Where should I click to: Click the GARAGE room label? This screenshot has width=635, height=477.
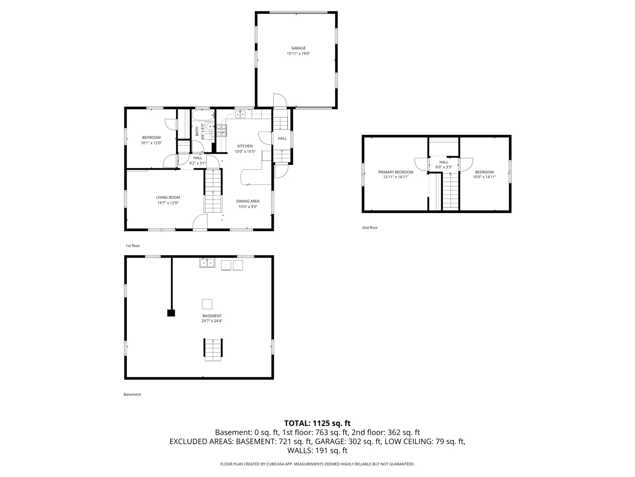click(x=298, y=48)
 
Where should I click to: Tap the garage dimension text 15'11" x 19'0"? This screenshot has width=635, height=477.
click(x=298, y=53)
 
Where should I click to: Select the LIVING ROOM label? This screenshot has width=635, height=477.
click(x=168, y=197)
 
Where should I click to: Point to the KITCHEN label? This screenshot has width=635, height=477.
click(x=245, y=146)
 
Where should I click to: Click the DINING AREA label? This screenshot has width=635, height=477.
click(x=248, y=201)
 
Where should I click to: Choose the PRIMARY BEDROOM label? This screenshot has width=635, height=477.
click(x=396, y=172)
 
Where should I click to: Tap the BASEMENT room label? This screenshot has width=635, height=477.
click(x=212, y=316)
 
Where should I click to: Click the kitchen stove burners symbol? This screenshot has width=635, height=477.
click(x=222, y=130)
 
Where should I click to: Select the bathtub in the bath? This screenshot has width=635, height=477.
click(x=203, y=115)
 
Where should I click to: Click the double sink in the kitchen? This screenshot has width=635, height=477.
click(x=240, y=114)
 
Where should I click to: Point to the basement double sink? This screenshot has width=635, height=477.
click(x=207, y=263)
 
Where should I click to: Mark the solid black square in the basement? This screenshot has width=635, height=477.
click(x=171, y=313)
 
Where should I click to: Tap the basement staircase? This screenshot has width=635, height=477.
click(x=213, y=349)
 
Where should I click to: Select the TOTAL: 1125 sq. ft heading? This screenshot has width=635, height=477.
click(x=317, y=423)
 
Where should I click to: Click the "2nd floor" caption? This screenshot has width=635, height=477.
click(x=370, y=227)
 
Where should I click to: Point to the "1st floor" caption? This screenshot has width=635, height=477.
click(x=132, y=246)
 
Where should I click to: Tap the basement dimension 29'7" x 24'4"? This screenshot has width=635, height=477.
click(x=212, y=321)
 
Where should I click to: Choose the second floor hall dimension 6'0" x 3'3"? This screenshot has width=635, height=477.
click(x=444, y=167)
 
